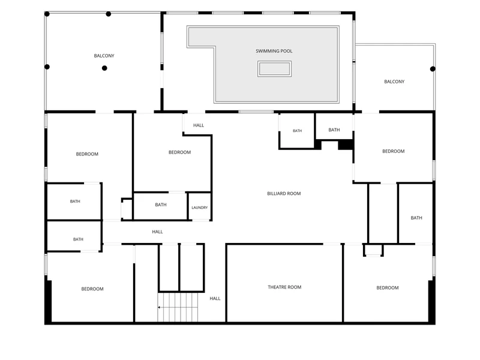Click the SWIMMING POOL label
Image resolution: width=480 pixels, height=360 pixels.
click(274, 51)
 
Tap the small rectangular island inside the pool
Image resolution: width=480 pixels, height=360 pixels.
click(274, 69)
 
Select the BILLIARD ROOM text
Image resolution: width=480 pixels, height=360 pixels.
click(284, 193)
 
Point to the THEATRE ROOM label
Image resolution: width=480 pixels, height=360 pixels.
click(284, 287)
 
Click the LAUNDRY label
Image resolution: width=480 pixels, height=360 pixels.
click(200, 208)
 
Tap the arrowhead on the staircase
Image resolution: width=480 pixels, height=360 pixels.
click(159, 307)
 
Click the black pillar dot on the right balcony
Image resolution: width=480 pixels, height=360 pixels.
click(433, 69)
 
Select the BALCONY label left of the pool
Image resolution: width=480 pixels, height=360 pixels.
click(104, 56)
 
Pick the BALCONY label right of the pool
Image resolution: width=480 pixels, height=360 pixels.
click(394, 82)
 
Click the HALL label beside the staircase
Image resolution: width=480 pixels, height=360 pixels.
click(215, 298)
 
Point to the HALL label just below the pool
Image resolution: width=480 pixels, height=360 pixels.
click(199, 125)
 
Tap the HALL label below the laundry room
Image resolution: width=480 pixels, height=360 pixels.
click(157, 232)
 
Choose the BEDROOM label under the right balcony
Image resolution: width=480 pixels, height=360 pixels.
click(394, 151)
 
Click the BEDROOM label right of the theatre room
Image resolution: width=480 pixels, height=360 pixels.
click(388, 288)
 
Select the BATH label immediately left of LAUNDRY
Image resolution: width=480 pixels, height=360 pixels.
click(161, 205)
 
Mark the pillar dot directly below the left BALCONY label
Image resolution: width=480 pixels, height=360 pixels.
click(104, 68)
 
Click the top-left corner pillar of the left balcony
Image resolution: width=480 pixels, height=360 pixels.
click(47, 14)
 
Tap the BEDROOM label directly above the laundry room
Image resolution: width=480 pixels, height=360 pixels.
click(179, 152)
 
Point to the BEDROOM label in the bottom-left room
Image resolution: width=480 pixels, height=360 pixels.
click(92, 289)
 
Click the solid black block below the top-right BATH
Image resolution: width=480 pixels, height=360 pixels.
click(346, 145)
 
